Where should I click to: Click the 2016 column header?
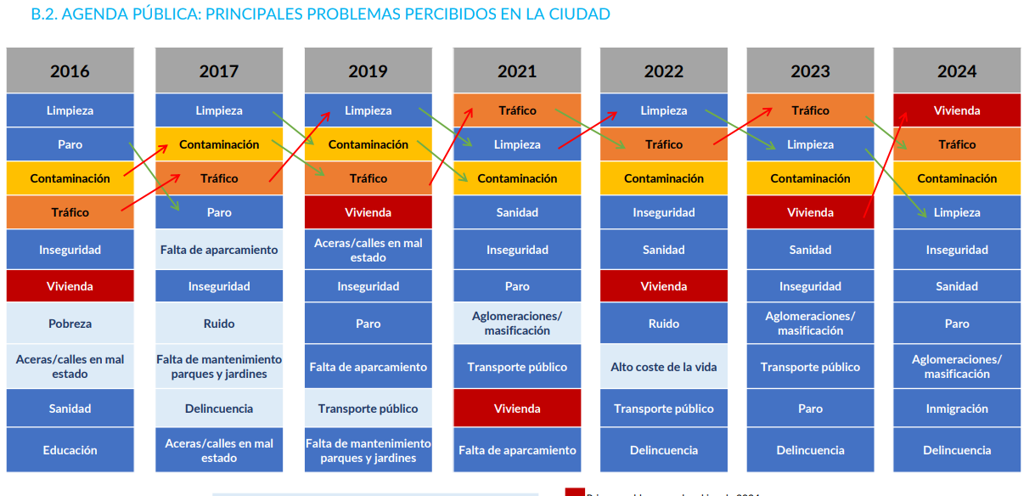click(70, 71)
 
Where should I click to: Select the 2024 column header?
click(957, 71)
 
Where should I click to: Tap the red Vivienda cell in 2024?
click(957, 110)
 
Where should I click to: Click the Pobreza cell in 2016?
click(70, 324)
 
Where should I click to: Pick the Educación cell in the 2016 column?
click(70, 450)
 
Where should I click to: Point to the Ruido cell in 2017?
click(219, 324)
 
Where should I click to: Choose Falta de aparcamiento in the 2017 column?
click(219, 250)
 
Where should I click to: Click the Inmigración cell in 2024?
click(957, 409)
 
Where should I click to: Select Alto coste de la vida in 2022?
click(664, 367)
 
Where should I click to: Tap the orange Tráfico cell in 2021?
click(517, 110)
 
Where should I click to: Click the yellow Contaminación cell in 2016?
click(70, 178)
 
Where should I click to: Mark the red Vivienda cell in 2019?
click(368, 212)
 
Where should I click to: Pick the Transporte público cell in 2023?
click(810, 367)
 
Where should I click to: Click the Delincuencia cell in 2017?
click(219, 409)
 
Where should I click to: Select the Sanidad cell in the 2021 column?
click(517, 212)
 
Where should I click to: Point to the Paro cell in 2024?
click(957, 324)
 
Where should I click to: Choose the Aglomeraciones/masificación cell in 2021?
click(517, 324)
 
